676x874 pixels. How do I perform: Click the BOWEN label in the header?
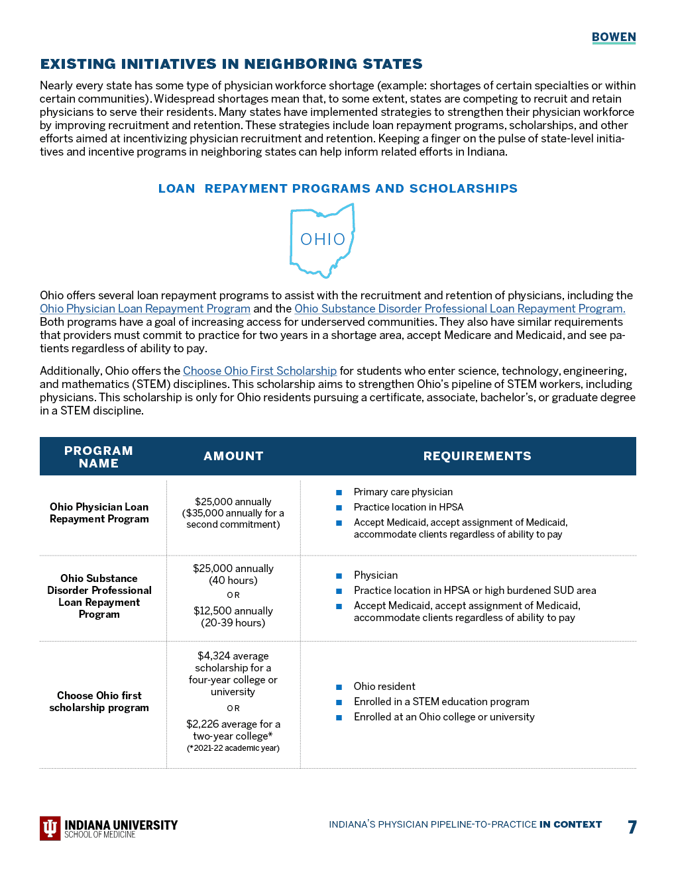pyautogui.click(x=614, y=37)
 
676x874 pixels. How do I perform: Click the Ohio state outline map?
pyautogui.click(x=323, y=240)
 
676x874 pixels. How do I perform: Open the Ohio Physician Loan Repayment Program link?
pyautogui.click(x=145, y=309)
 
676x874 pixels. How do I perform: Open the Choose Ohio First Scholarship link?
pyautogui.click(x=260, y=371)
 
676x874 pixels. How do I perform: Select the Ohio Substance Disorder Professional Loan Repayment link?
pyautogui.click(x=459, y=309)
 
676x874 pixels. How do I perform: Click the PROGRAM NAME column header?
pyautogui.click(x=99, y=457)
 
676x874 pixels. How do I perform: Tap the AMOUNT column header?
pyautogui.click(x=233, y=456)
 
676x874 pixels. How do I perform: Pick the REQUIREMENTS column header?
pyautogui.click(x=477, y=456)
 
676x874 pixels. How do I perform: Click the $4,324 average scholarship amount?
pyautogui.click(x=233, y=656)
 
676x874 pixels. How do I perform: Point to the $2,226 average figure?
pyautogui.click(x=233, y=724)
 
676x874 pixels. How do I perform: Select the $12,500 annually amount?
pyautogui.click(x=233, y=611)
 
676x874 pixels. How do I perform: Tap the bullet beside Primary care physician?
pyautogui.click(x=339, y=493)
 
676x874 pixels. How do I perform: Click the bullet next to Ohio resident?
pyautogui.click(x=339, y=687)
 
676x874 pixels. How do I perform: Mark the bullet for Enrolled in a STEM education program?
pyautogui.click(x=339, y=703)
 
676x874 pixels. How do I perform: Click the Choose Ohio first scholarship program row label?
pyautogui.click(x=99, y=702)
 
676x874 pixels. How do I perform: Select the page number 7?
pyautogui.click(x=632, y=827)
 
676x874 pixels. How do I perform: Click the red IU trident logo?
pyautogui.click(x=50, y=828)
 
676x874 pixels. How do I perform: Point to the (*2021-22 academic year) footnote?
pyautogui.click(x=233, y=748)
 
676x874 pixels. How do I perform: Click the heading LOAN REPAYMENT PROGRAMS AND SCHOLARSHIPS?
pyautogui.click(x=338, y=189)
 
